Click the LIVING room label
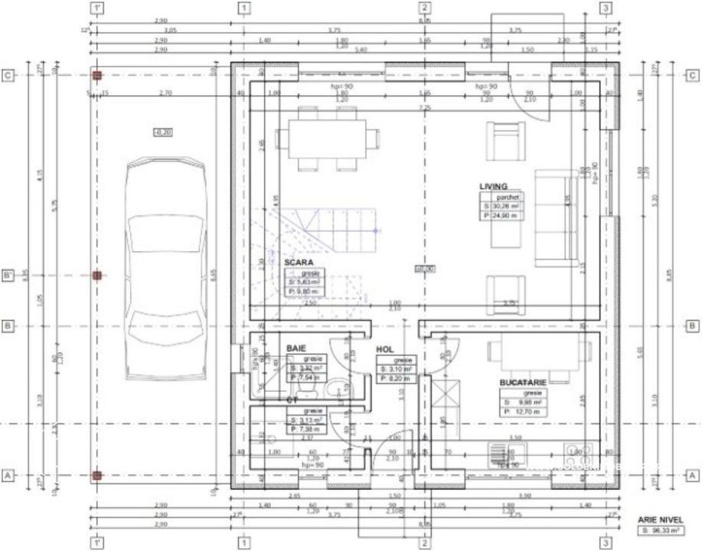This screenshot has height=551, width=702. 493,187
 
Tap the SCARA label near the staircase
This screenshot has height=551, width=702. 299,262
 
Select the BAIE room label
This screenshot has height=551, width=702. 296,348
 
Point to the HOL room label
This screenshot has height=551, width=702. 384,350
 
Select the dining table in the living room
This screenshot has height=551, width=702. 328,137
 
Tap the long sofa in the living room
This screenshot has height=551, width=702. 556,218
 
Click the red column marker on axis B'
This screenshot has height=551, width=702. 96,275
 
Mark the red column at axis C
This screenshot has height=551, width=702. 96,75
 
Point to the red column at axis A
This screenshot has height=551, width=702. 96,475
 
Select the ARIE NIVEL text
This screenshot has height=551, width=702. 658,519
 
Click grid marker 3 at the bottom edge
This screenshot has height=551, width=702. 606,543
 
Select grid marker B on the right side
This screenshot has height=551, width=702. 692,326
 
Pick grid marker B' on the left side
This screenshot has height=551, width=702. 8,275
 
